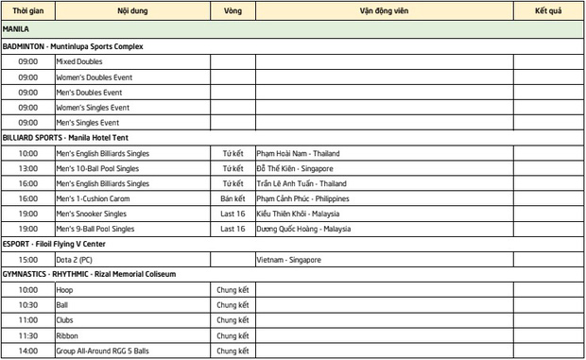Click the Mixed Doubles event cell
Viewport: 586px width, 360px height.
pos(78,61)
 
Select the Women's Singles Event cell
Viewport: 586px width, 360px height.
pos(93,107)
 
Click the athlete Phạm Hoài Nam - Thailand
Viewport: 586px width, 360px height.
pos(298,152)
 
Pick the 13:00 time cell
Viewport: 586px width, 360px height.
pos(27,167)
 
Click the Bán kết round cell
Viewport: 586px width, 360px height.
pos(233,198)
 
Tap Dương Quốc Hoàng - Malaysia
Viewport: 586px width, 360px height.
pos(302,229)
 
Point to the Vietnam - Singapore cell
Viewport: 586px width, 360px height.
pos(288,259)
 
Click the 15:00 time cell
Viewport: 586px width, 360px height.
pos(27,259)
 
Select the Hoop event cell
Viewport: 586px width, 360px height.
pos(65,290)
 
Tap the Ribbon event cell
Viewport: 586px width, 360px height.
pos(68,335)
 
